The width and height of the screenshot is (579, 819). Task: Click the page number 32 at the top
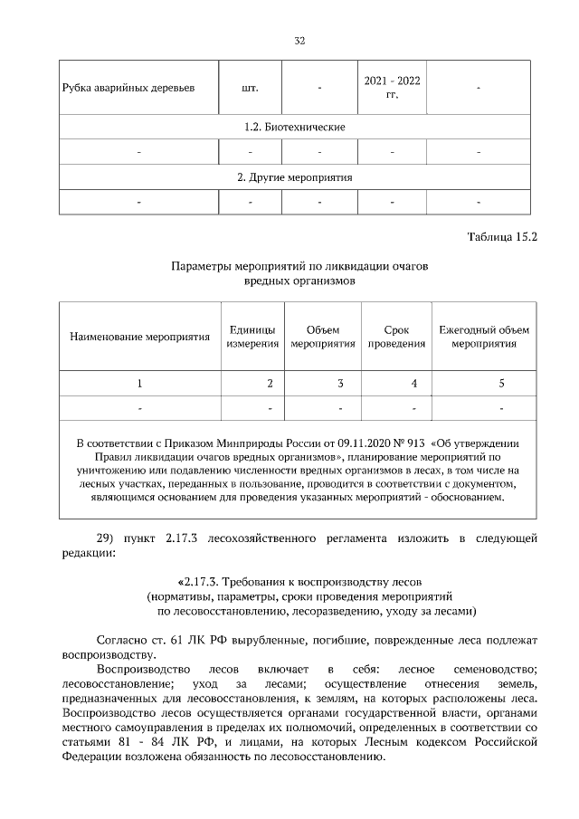(299, 41)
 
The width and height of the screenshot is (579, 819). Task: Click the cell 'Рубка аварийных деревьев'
(128, 89)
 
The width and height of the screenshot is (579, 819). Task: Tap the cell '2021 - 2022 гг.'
(392, 88)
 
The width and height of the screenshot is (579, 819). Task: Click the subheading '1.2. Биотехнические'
(296, 127)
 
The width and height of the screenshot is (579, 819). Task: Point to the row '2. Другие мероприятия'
(296, 177)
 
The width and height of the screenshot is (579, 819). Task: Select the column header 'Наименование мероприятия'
(139, 337)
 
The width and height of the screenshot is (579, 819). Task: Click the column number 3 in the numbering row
(340, 384)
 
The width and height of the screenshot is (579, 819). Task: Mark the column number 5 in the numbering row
(501, 384)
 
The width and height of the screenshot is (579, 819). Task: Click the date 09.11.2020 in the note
(365, 443)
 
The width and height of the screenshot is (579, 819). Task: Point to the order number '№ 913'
(411, 443)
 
